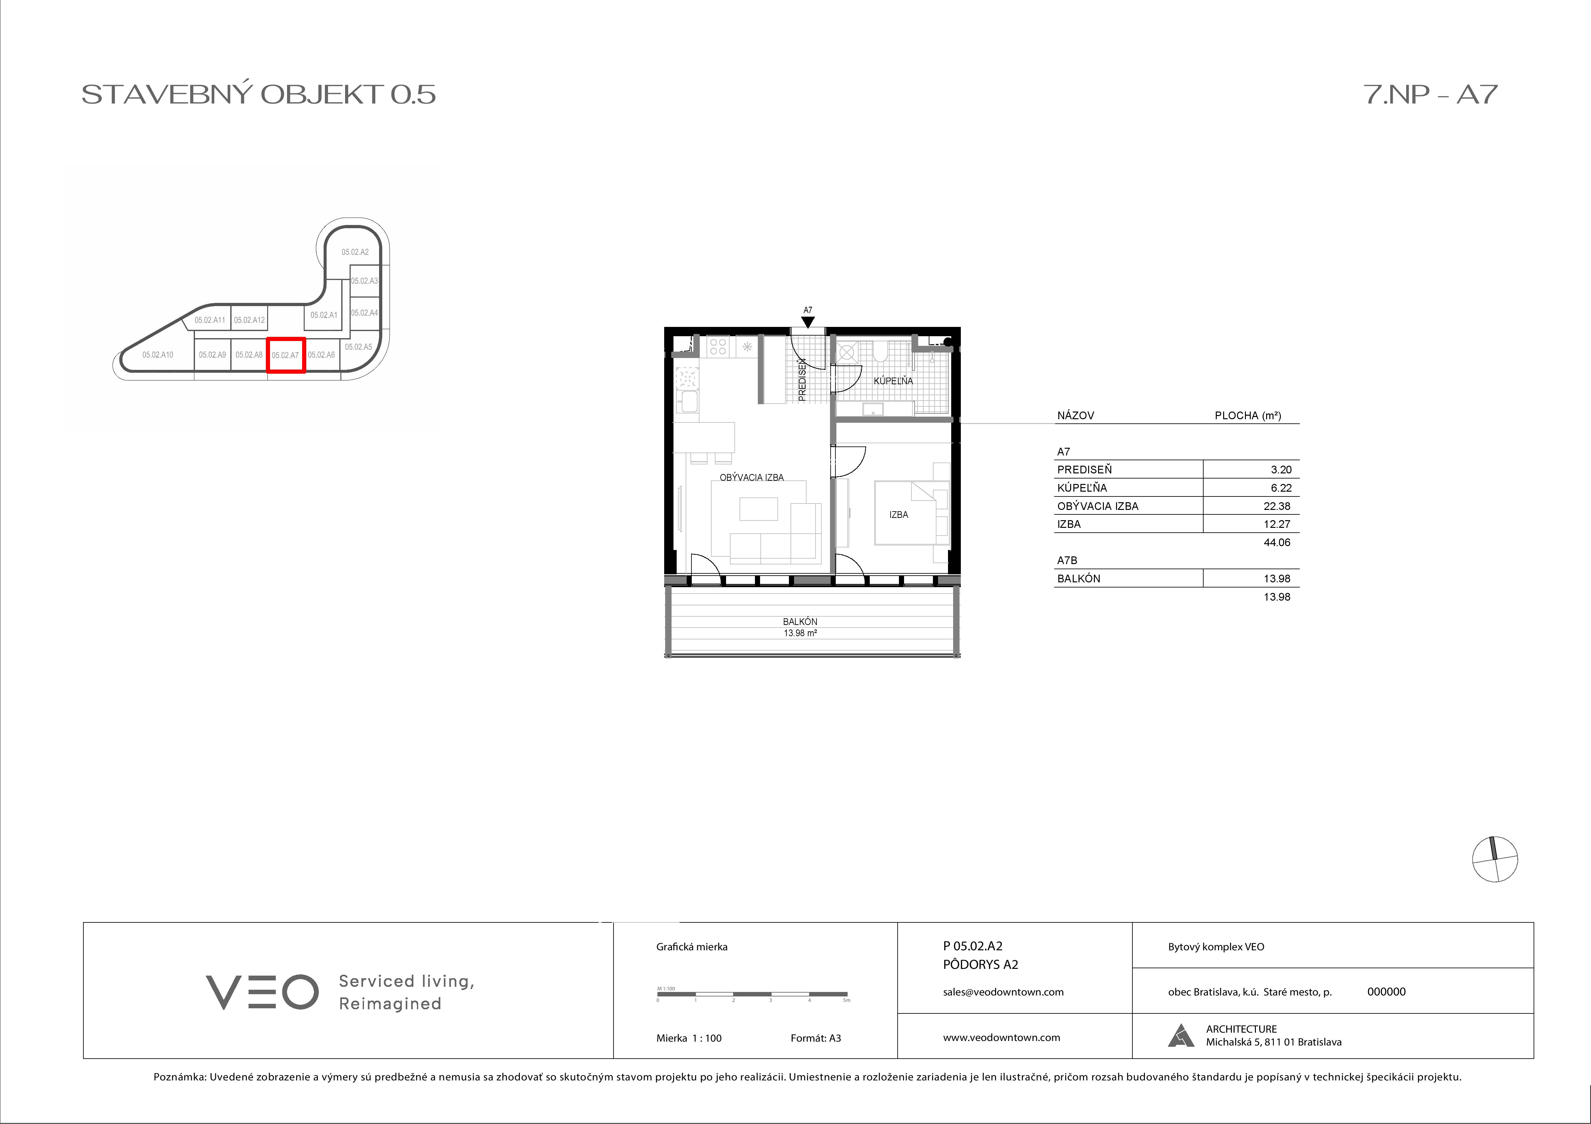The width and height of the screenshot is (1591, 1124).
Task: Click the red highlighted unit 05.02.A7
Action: [x=285, y=354]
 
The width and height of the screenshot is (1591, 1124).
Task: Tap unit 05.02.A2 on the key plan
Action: [x=355, y=252]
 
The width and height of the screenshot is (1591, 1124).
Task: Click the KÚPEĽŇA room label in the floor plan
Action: [x=893, y=381]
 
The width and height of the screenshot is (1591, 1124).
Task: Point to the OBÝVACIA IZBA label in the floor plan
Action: [x=752, y=477]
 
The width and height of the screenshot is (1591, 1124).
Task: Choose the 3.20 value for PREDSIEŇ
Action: [x=1281, y=470]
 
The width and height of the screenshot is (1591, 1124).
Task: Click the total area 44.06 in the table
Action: [x=1276, y=542]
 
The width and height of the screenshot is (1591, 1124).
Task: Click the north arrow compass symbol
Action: [x=1495, y=859]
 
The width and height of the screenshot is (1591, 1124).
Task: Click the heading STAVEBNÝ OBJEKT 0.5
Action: [x=258, y=94]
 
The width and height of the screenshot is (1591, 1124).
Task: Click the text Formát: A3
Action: [x=816, y=1038]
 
